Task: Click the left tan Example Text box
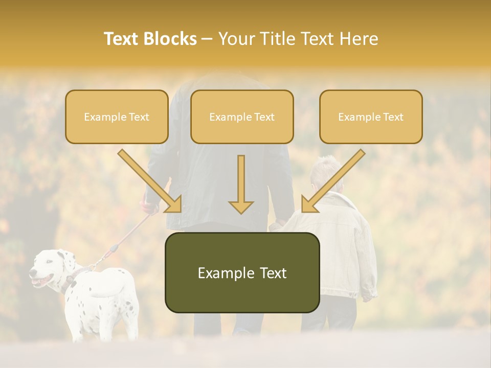(x=117, y=117)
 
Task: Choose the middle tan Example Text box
(x=242, y=117)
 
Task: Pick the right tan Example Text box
(x=371, y=117)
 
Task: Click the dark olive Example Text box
(x=242, y=272)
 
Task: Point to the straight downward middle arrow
(x=241, y=184)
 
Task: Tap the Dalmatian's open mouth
(x=40, y=281)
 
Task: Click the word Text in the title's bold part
(x=123, y=39)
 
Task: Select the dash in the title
(x=207, y=39)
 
